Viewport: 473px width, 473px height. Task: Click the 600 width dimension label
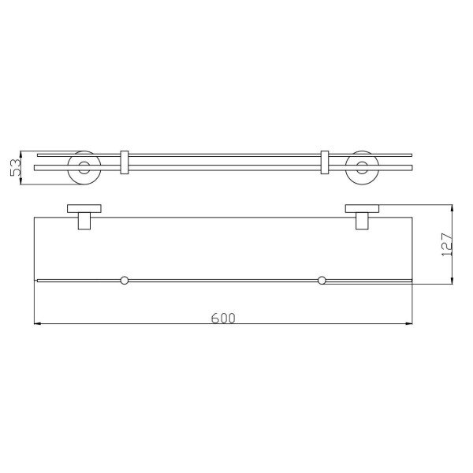(x=223, y=318)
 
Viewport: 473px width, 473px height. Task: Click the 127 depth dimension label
(x=447, y=244)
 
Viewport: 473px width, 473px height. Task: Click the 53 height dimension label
(x=16, y=167)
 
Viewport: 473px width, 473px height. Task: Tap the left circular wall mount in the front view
(x=84, y=167)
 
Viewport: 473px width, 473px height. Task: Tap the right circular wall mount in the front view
(x=362, y=167)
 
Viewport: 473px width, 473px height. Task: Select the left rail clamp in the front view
(x=125, y=162)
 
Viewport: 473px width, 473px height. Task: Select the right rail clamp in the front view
(x=324, y=162)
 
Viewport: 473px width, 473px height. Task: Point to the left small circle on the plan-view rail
(x=124, y=280)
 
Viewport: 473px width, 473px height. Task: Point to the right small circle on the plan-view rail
(x=322, y=280)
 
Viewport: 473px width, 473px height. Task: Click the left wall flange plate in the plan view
(x=84, y=208)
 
